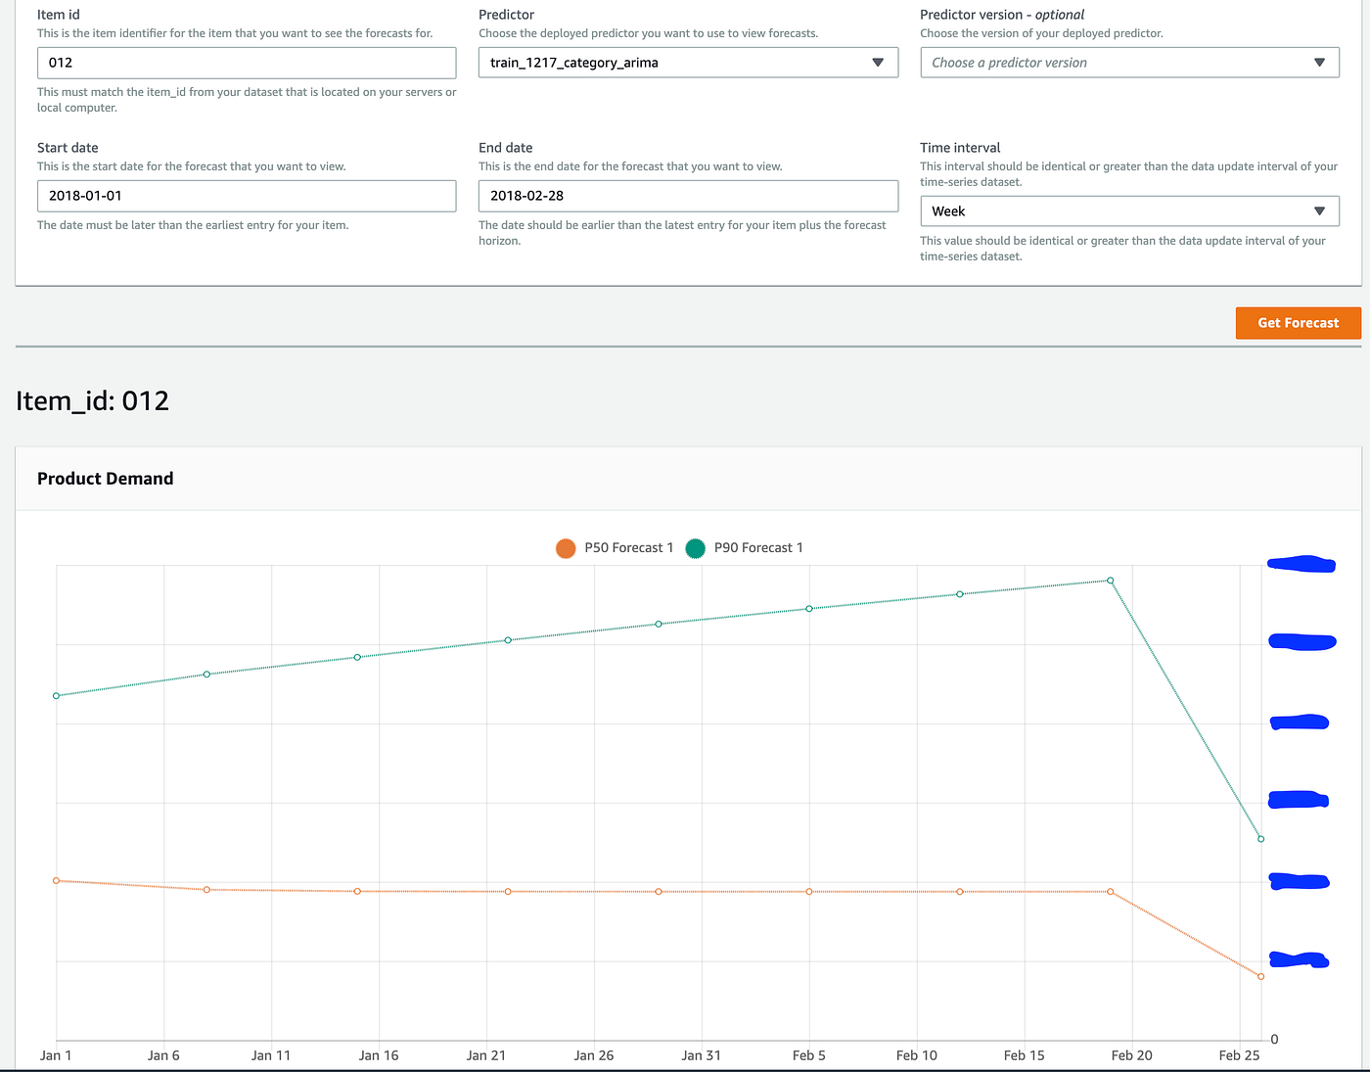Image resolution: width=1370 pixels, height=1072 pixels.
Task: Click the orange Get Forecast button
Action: [x=1298, y=323]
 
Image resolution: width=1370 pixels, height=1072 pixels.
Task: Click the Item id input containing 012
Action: [x=247, y=63]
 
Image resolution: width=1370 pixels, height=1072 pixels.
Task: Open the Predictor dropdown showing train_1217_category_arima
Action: [x=688, y=63]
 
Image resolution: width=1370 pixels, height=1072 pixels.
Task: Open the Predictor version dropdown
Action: [x=1129, y=63]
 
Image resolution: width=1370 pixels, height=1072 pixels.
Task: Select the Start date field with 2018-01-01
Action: [x=247, y=196]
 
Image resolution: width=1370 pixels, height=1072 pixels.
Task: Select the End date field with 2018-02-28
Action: [x=688, y=196]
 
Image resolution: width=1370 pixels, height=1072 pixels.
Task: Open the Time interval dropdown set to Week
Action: [x=1129, y=211]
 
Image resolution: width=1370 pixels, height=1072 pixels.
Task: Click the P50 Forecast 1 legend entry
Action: [x=616, y=548]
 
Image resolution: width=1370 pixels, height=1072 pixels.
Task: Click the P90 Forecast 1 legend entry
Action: [x=746, y=548]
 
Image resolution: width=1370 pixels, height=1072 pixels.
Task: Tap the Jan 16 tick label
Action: [x=379, y=1055]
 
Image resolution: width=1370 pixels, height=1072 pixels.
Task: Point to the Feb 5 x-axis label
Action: [x=809, y=1055]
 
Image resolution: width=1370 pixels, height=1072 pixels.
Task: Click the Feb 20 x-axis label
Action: [x=1131, y=1055]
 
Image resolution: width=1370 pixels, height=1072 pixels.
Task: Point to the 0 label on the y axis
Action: [x=1274, y=1040]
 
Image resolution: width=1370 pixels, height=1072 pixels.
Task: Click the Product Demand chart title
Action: [x=106, y=479]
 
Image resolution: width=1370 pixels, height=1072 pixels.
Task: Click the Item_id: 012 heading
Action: [x=93, y=401]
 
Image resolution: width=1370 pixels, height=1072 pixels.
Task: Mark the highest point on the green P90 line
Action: [x=1110, y=581]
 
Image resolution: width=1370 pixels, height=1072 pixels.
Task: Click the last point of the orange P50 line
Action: [x=1260, y=977]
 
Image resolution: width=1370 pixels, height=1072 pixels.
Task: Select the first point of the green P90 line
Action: [x=56, y=696]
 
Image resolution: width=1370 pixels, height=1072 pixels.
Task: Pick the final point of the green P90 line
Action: [x=1260, y=839]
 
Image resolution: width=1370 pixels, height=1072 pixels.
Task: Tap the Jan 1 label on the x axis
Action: [x=56, y=1055]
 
